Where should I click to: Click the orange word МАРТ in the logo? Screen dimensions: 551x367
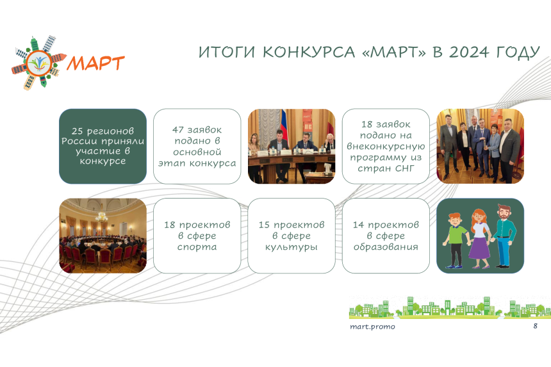pyautogui.click(x=95, y=63)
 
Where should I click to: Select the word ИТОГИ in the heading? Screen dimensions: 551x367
pyautogui.click(x=226, y=53)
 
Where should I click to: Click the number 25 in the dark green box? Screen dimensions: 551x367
pyautogui.click(x=77, y=131)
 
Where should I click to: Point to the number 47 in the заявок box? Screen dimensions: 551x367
pyautogui.click(x=178, y=129)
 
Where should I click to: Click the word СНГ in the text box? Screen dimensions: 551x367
pyautogui.click(x=404, y=168)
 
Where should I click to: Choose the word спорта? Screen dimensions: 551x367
pyautogui.click(x=197, y=247)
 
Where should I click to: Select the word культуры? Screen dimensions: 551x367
pyautogui.click(x=292, y=247)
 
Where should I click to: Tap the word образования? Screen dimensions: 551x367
pyautogui.click(x=386, y=247)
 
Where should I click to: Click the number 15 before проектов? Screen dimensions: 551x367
pyautogui.click(x=264, y=225)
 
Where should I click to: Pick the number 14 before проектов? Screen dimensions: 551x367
pyautogui.click(x=358, y=225)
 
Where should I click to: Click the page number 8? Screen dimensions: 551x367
pyautogui.click(x=535, y=326)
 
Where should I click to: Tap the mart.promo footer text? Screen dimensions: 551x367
pyautogui.click(x=372, y=327)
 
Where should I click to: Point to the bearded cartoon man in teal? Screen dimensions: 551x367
pyautogui.click(x=504, y=236)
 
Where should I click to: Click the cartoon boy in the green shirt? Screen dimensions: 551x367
pyautogui.click(x=456, y=241)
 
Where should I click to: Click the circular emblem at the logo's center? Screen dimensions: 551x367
pyautogui.click(x=38, y=63)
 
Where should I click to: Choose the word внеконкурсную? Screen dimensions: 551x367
pyautogui.click(x=386, y=146)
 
